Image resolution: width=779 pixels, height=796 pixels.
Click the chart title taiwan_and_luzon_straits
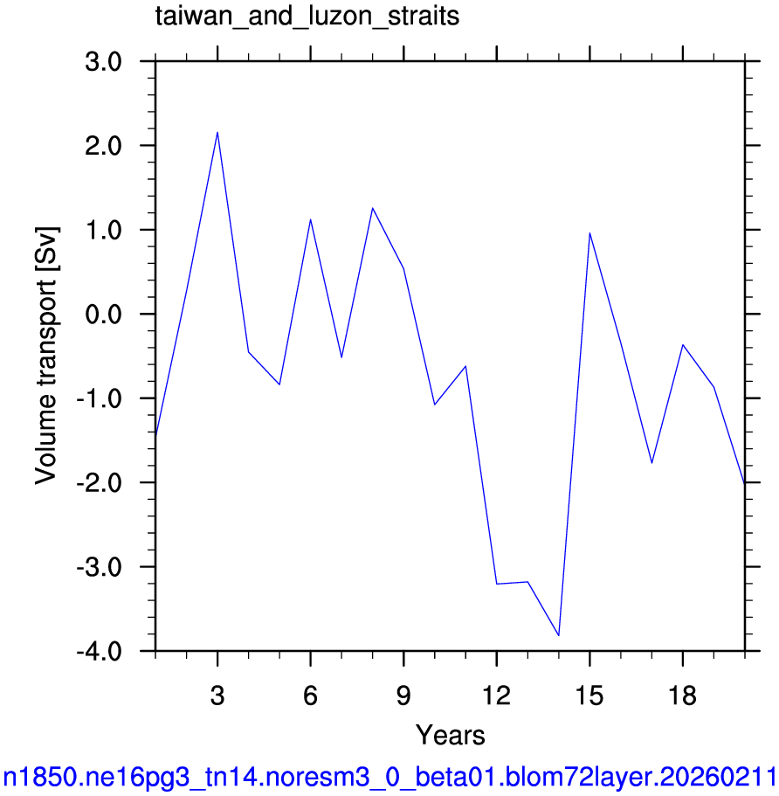point(307,17)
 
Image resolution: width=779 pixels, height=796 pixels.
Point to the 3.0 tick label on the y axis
point(104,62)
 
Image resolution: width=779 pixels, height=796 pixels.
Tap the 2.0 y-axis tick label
point(104,146)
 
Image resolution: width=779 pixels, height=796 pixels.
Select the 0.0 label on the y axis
point(104,315)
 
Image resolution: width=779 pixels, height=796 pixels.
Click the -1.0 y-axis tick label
point(99,399)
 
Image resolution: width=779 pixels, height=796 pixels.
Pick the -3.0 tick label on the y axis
point(99,567)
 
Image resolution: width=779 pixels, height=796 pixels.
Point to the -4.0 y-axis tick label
point(99,651)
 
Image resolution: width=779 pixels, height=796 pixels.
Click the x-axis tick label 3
point(217,696)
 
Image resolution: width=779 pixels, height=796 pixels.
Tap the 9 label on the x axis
point(403,696)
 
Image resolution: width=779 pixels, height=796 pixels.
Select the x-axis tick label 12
point(496,696)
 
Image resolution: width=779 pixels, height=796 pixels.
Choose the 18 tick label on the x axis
point(683,696)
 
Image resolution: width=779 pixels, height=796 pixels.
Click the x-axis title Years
point(450,735)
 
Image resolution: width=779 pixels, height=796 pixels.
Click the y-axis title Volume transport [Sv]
point(46,356)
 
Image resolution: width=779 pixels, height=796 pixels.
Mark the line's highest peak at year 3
point(217,133)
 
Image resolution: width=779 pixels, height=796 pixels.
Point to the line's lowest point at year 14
point(559,635)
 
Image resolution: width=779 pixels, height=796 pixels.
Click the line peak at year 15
point(589,232)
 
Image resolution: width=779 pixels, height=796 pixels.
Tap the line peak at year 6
point(310,219)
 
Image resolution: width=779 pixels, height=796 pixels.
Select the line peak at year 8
point(373,208)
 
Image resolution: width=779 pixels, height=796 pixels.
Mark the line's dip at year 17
point(651,463)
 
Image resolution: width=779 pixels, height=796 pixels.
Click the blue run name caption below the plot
point(389,778)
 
